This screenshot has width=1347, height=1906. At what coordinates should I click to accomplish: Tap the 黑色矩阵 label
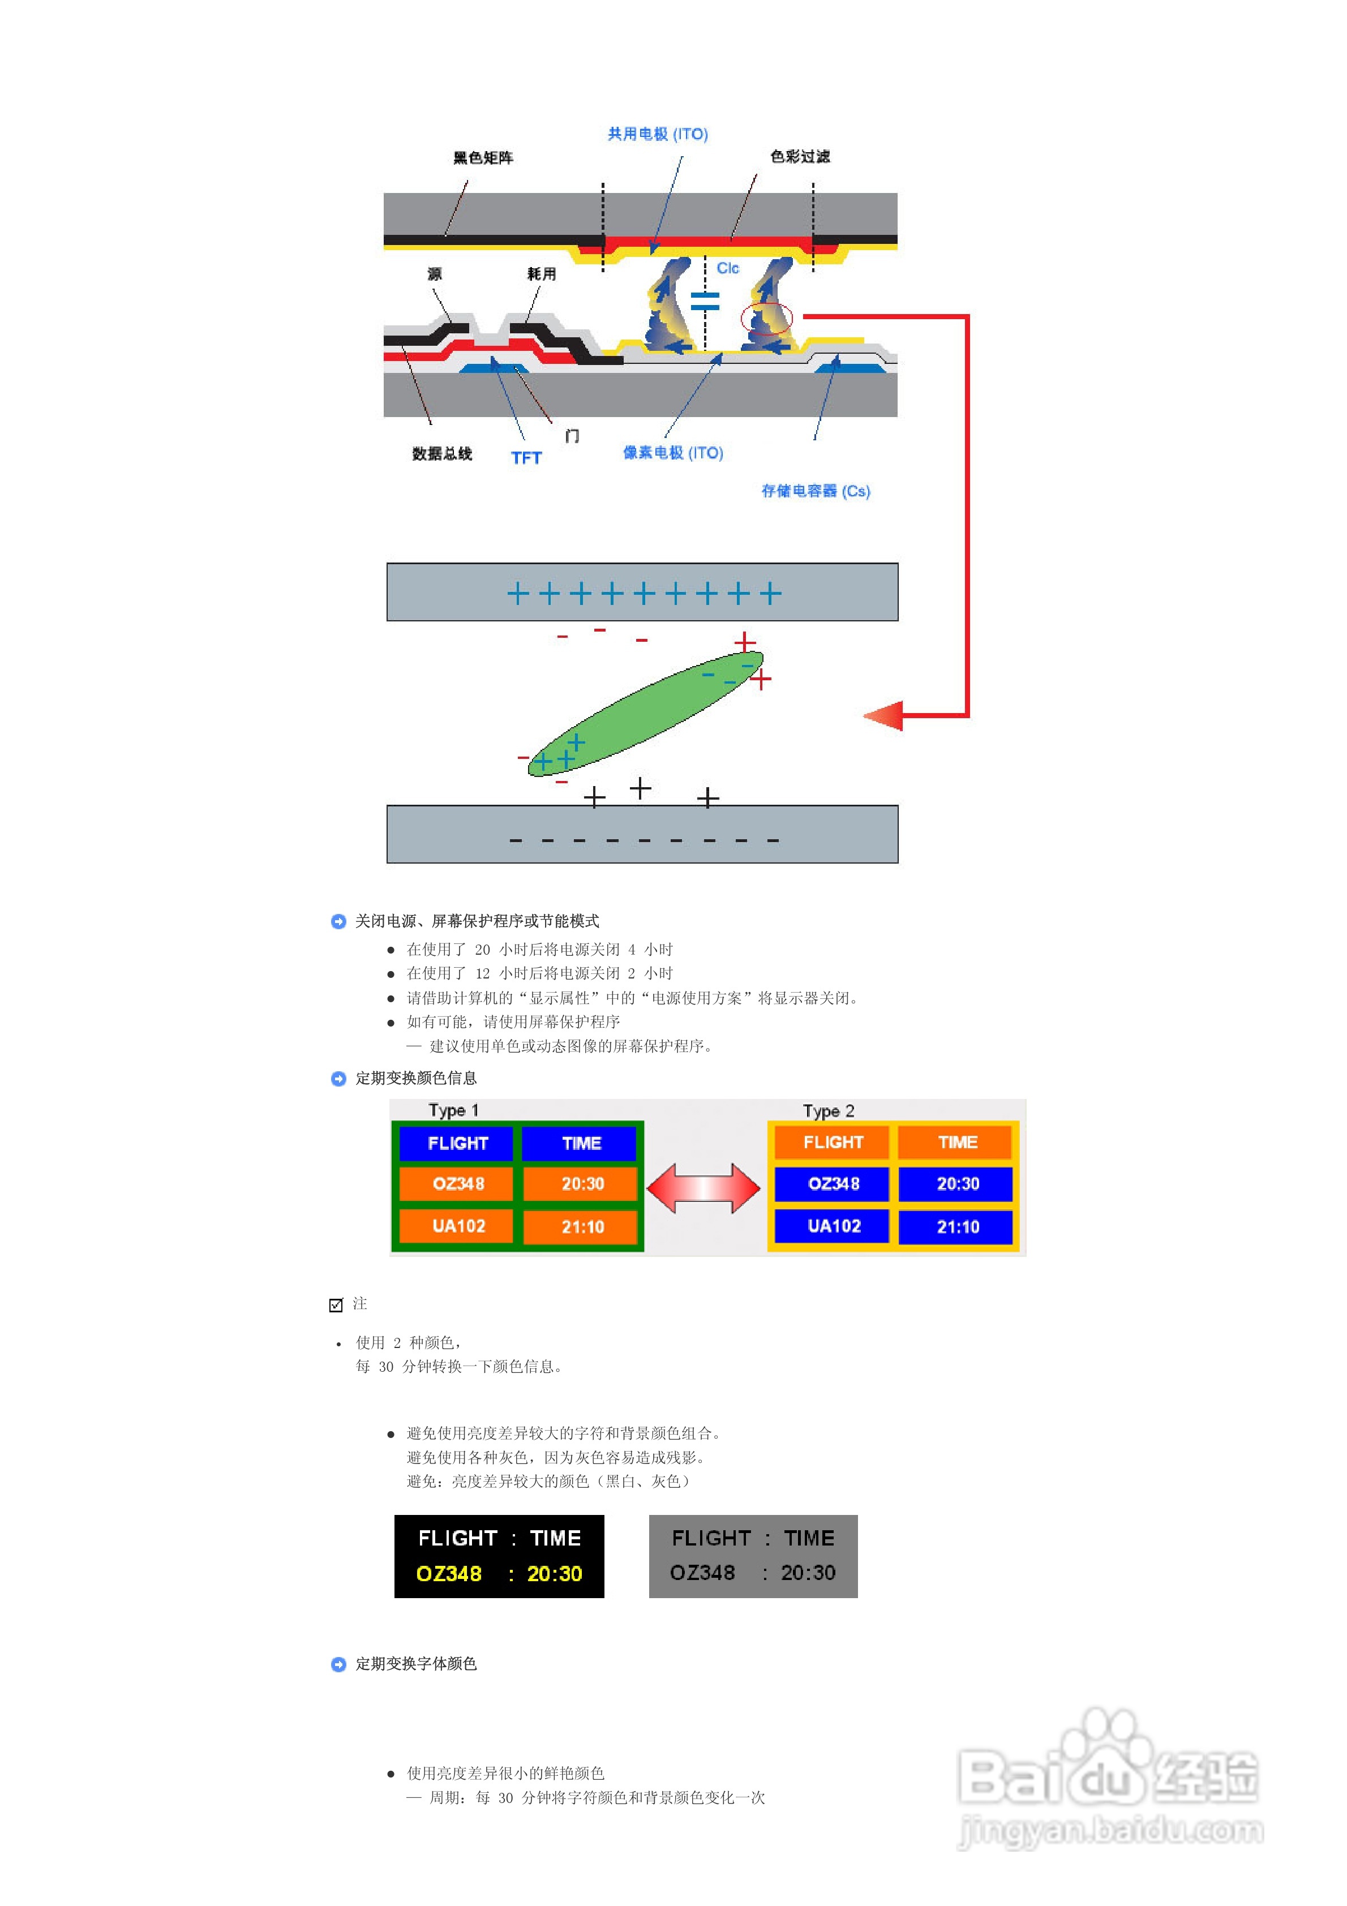pyautogui.click(x=483, y=158)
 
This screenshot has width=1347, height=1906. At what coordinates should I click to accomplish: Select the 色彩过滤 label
pyautogui.click(x=800, y=157)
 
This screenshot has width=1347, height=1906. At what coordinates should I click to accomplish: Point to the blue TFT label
pyautogui.click(x=526, y=458)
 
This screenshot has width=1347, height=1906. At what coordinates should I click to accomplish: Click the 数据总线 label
pyautogui.click(x=442, y=453)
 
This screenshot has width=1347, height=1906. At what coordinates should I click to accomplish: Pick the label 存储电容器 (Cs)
pyautogui.click(x=816, y=491)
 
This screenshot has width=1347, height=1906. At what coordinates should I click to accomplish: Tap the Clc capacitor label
pyautogui.click(x=727, y=268)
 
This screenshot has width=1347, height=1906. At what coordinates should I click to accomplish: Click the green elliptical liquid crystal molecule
pyautogui.click(x=645, y=712)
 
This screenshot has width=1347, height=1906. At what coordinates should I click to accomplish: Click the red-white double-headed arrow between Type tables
pyautogui.click(x=703, y=1188)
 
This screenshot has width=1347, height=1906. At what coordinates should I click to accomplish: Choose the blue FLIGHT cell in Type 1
pyautogui.click(x=457, y=1143)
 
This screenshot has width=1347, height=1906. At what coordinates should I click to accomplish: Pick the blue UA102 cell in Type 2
pyautogui.click(x=833, y=1226)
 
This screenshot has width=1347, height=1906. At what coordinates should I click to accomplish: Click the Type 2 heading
pyautogui.click(x=828, y=1111)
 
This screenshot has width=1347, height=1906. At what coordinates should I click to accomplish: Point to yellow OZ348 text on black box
pyautogui.click(x=448, y=1574)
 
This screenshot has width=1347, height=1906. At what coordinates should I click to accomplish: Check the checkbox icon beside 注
pyautogui.click(x=336, y=1305)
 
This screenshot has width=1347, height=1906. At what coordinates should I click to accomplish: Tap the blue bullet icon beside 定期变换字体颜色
pyautogui.click(x=338, y=1664)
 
